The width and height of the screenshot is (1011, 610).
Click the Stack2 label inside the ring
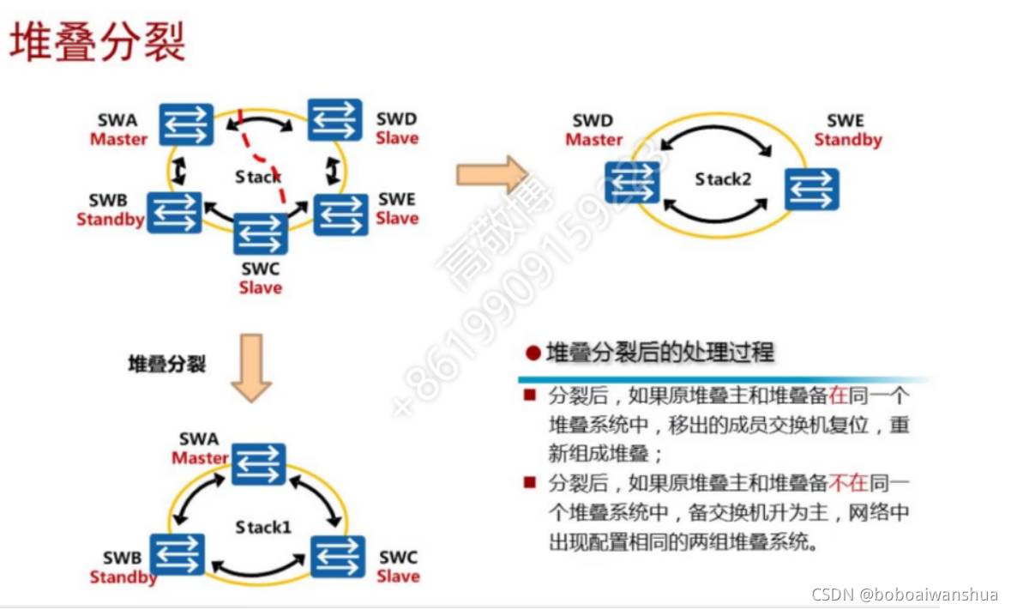click(x=722, y=180)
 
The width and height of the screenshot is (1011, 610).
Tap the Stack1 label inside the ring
click(x=263, y=526)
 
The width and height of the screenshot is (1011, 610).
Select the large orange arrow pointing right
click(x=492, y=176)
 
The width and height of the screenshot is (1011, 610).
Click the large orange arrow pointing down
click(x=252, y=369)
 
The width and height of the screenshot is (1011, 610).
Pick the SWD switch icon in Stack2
click(x=632, y=183)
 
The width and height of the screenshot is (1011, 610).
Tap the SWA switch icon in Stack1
click(x=258, y=464)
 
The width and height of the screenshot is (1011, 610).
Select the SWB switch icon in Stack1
click(x=178, y=554)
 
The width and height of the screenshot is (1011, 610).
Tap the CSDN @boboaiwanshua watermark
click(x=905, y=594)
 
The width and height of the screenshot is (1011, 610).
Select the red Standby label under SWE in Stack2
click(x=848, y=140)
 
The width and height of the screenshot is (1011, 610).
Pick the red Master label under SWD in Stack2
click(x=593, y=140)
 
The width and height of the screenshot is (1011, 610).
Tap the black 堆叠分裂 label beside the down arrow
click(x=167, y=364)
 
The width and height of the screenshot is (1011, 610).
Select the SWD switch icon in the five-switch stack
click(x=335, y=120)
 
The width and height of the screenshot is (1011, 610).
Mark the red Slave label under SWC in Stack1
click(x=398, y=576)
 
